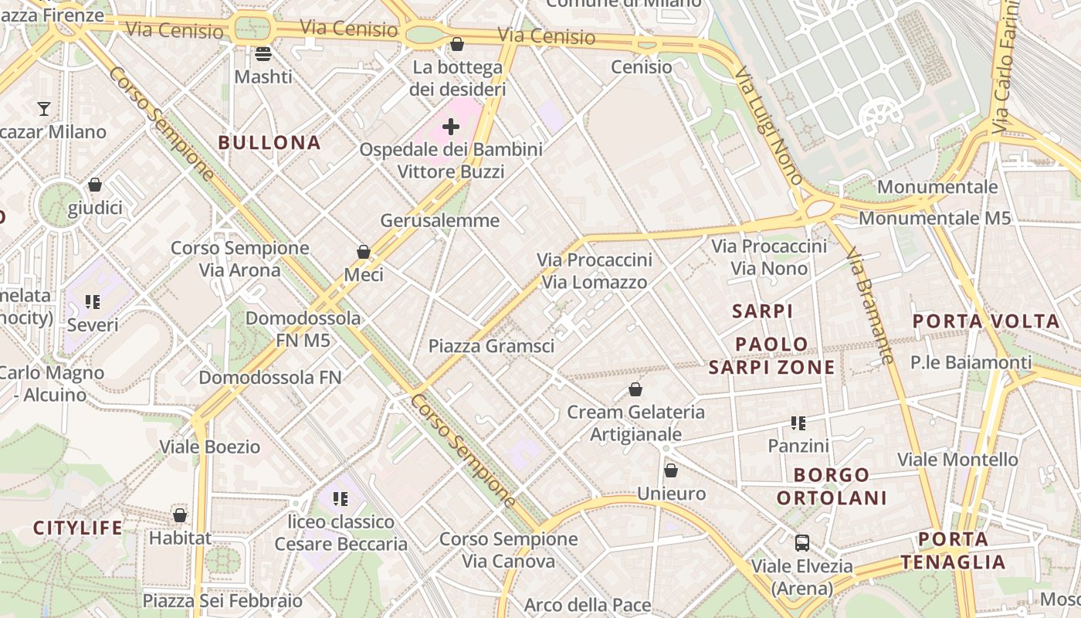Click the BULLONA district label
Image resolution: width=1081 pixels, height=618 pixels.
coord(269,143)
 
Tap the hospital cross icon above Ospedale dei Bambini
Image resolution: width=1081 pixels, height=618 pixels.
coord(451,127)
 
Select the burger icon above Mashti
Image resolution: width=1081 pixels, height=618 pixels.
coord(263,54)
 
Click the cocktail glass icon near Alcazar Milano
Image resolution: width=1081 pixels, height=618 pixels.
coord(44,108)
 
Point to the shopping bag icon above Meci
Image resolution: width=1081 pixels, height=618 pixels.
coord(364,252)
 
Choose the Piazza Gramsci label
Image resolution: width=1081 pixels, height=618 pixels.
coord(491,346)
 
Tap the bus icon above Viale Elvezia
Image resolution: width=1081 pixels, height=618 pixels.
coord(802,542)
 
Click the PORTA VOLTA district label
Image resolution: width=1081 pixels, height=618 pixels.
coord(986,321)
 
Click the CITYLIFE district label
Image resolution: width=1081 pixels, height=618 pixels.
coord(77,528)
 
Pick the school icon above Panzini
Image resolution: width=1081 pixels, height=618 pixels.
coord(798,423)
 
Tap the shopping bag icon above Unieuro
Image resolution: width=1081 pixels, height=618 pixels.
coord(671,470)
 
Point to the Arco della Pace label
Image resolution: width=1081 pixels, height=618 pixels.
coord(588,605)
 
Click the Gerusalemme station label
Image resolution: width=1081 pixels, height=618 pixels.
coord(440,221)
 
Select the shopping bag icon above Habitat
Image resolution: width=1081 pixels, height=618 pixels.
coord(180,515)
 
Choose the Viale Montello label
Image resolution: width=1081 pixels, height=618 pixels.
coord(957,460)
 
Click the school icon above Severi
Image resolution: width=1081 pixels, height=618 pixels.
coord(93,302)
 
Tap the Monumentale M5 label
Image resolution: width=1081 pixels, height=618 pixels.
coord(934,219)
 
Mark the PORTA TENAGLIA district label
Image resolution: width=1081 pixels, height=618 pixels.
coord(954,551)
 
